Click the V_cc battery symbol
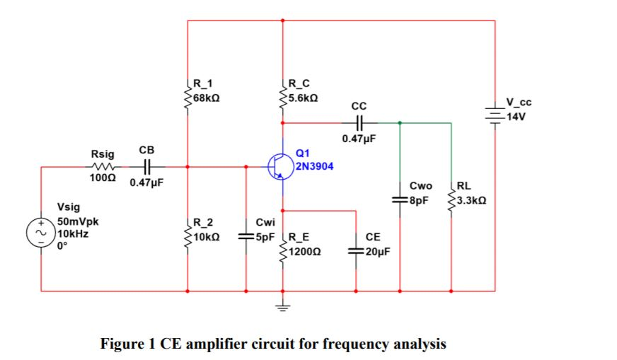coord(493,112)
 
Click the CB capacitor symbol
coord(146,167)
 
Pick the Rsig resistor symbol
coord(98,167)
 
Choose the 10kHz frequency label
coord(73,232)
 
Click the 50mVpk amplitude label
coord(77,221)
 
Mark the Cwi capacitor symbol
coord(246,237)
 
